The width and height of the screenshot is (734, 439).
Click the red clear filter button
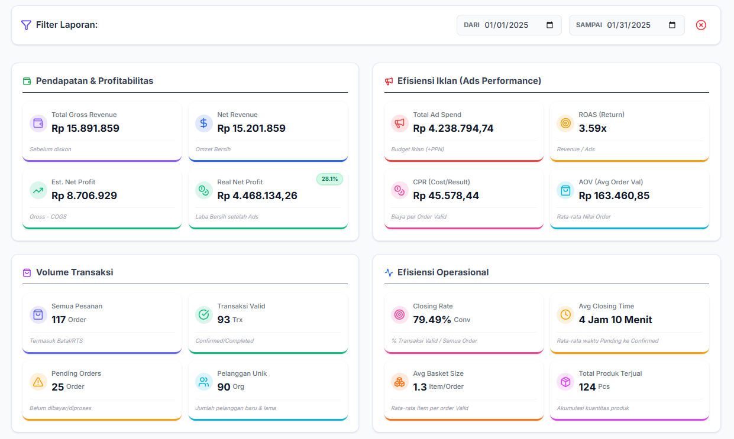click(x=701, y=25)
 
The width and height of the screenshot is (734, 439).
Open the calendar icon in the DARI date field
click(x=549, y=25)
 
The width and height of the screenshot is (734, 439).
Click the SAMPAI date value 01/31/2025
click(x=629, y=25)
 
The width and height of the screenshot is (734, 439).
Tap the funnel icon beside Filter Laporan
click(x=26, y=25)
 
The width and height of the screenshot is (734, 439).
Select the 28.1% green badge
click(x=329, y=178)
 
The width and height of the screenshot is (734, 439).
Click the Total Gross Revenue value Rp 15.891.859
click(x=85, y=128)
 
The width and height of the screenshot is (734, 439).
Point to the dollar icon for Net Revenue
click(x=203, y=123)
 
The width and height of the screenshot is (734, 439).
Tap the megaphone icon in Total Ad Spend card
click(x=400, y=123)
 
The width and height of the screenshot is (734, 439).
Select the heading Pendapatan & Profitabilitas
click(x=95, y=81)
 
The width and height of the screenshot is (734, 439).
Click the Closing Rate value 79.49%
click(x=432, y=320)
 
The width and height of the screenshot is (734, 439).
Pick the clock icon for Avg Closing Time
click(x=565, y=314)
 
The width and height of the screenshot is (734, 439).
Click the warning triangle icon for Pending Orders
click(x=38, y=382)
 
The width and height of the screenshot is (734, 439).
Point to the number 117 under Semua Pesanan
click(x=59, y=320)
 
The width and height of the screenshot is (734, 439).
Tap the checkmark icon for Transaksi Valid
click(x=203, y=314)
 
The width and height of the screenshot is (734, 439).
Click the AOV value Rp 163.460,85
click(x=614, y=196)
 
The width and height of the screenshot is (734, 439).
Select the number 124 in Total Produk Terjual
click(x=587, y=387)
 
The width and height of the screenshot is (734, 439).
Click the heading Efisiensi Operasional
click(x=443, y=272)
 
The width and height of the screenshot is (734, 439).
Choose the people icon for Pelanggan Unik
click(x=203, y=382)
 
